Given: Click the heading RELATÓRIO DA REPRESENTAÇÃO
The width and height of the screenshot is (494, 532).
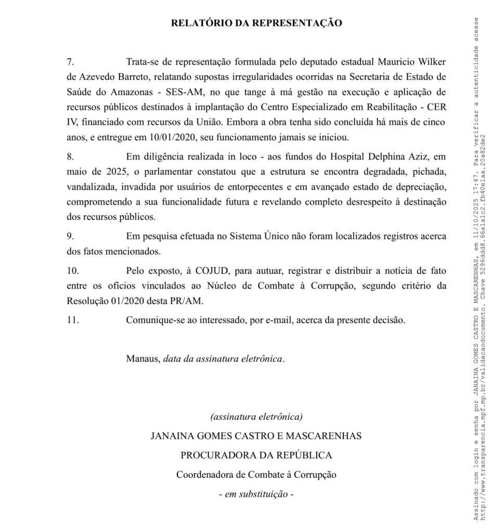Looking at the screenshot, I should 256,23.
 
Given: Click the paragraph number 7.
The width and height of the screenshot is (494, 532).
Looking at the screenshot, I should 70,62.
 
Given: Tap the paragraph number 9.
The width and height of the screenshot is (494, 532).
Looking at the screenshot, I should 70,236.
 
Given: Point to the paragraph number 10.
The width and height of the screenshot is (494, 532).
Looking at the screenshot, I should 73,271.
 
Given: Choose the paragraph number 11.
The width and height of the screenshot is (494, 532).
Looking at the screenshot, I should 73,320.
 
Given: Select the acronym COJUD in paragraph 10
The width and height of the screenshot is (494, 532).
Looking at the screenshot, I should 214,271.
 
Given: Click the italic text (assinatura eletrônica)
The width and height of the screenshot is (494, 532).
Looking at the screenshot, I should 256,417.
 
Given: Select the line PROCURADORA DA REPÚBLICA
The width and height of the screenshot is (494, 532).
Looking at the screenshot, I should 256,455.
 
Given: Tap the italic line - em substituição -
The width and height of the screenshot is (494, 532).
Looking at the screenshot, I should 256,494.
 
